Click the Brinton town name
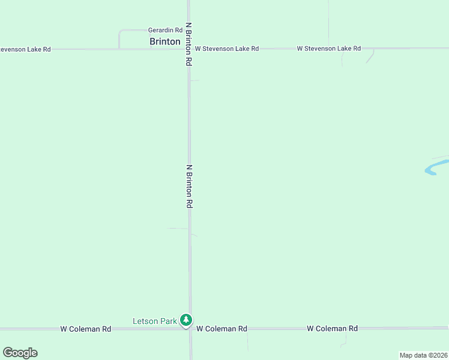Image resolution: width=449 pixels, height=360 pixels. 165,41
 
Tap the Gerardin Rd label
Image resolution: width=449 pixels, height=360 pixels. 165,30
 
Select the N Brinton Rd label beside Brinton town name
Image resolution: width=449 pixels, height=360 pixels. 188,44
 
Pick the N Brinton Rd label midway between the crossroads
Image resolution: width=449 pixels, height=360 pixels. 189,186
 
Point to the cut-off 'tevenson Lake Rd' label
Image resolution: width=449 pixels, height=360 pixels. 25,49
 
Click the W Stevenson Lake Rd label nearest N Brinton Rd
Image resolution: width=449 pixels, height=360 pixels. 226,49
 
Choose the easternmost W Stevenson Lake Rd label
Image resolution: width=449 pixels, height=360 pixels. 328,49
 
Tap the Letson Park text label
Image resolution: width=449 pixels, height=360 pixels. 155,321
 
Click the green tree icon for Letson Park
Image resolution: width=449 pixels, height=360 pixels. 187,320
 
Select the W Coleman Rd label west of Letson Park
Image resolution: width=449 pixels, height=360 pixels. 86,329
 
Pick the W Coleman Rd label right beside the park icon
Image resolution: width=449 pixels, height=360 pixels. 221,329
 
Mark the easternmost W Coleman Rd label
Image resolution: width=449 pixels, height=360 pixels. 332,329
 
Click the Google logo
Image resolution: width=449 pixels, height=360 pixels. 20,353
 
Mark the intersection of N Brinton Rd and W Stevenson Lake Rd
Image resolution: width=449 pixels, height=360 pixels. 188,49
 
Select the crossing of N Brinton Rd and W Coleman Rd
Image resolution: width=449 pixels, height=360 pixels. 190,329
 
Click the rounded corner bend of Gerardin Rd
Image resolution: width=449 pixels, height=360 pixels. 121,31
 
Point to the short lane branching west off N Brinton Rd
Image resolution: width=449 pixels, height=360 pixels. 177,229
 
